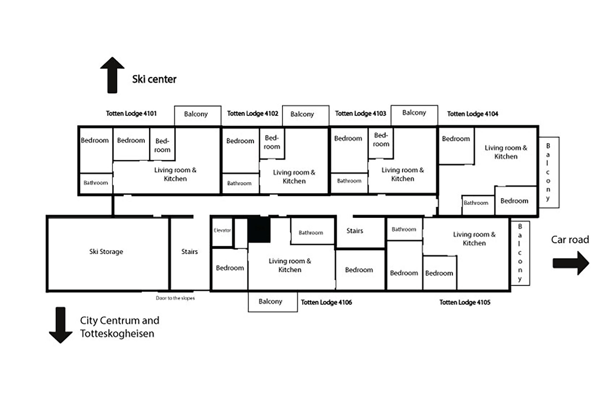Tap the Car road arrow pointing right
(x=571, y=263)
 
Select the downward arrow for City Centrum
(x=61, y=325)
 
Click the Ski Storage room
(x=106, y=252)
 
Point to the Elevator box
(x=222, y=232)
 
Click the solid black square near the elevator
(x=259, y=230)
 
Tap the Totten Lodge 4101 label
(x=131, y=114)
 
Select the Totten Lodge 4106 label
(x=326, y=302)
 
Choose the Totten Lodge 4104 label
(x=473, y=114)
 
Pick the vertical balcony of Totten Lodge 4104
(x=549, y=172)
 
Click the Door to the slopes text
(x=175, y=298)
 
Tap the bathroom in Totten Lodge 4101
(x=96, y=183)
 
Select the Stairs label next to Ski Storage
(x=189, y=252)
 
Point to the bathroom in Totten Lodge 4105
(x=404, y=229)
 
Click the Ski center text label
(x=154, y=79)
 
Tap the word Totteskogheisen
(x=117, y=334)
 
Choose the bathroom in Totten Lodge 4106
(x=311, y=232)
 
